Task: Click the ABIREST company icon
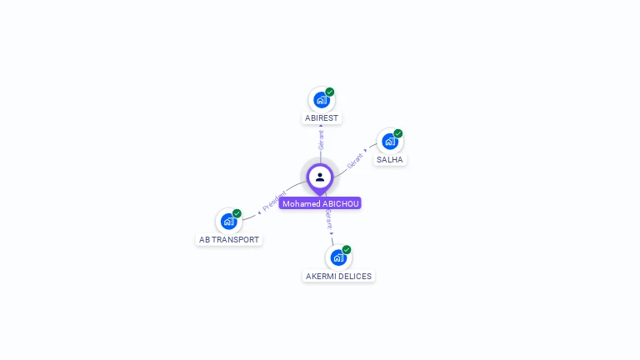tap(322, 100)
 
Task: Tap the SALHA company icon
tap(390, 142)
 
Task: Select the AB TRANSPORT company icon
tap(228, 222)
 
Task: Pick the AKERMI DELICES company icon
tap(338, 258)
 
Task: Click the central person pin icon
tap(320, 178)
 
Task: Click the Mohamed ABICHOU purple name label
tap(320, 203)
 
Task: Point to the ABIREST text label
tap(322, 118)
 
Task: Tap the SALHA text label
tap(390, 160)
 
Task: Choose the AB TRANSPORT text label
tap(229, 240)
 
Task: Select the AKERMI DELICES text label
tap(338, 277)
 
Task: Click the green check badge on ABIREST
tap(330, 92)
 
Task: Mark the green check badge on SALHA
tap(398, 133)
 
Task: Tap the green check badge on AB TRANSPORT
tap(237, 213)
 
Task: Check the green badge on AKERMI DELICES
tap(347, 250)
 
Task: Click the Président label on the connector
tap(274, 201)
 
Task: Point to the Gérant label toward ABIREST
tap(321, 140)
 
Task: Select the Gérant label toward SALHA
tap(355, 161)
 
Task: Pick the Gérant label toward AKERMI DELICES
tap(329, 220)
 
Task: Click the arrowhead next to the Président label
tap(259, 212)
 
